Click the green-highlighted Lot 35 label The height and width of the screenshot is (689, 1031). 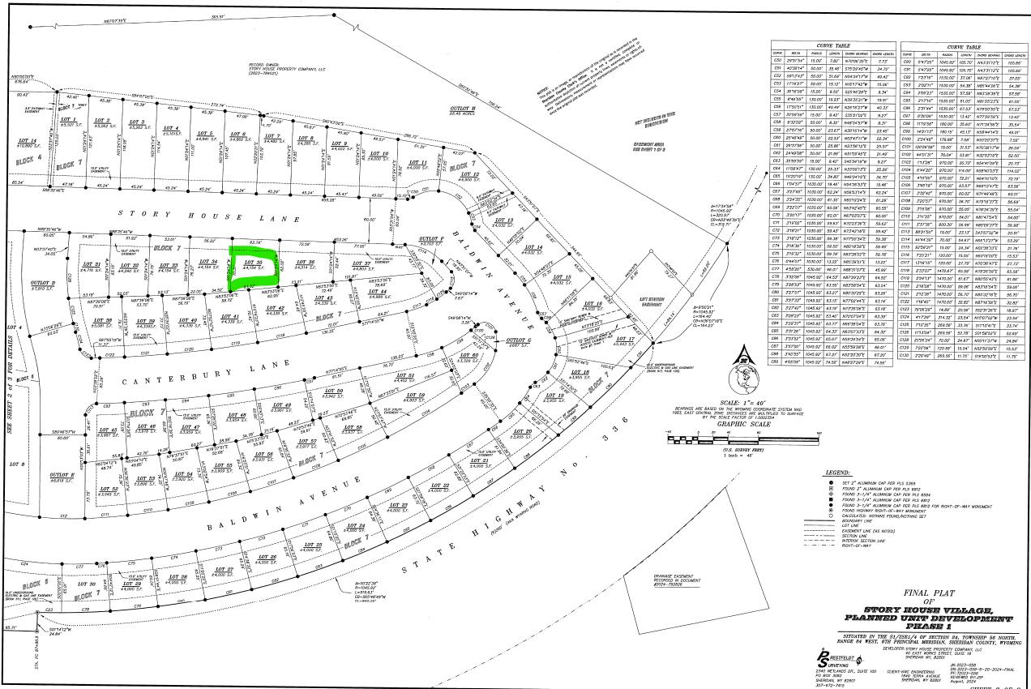click(253, 264)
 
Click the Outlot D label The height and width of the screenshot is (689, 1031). click(43, 285)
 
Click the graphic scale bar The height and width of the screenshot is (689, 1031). click(724, 434)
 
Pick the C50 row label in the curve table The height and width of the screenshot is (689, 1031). click(777, 60)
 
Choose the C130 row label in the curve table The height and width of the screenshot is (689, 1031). click(909, 354)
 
